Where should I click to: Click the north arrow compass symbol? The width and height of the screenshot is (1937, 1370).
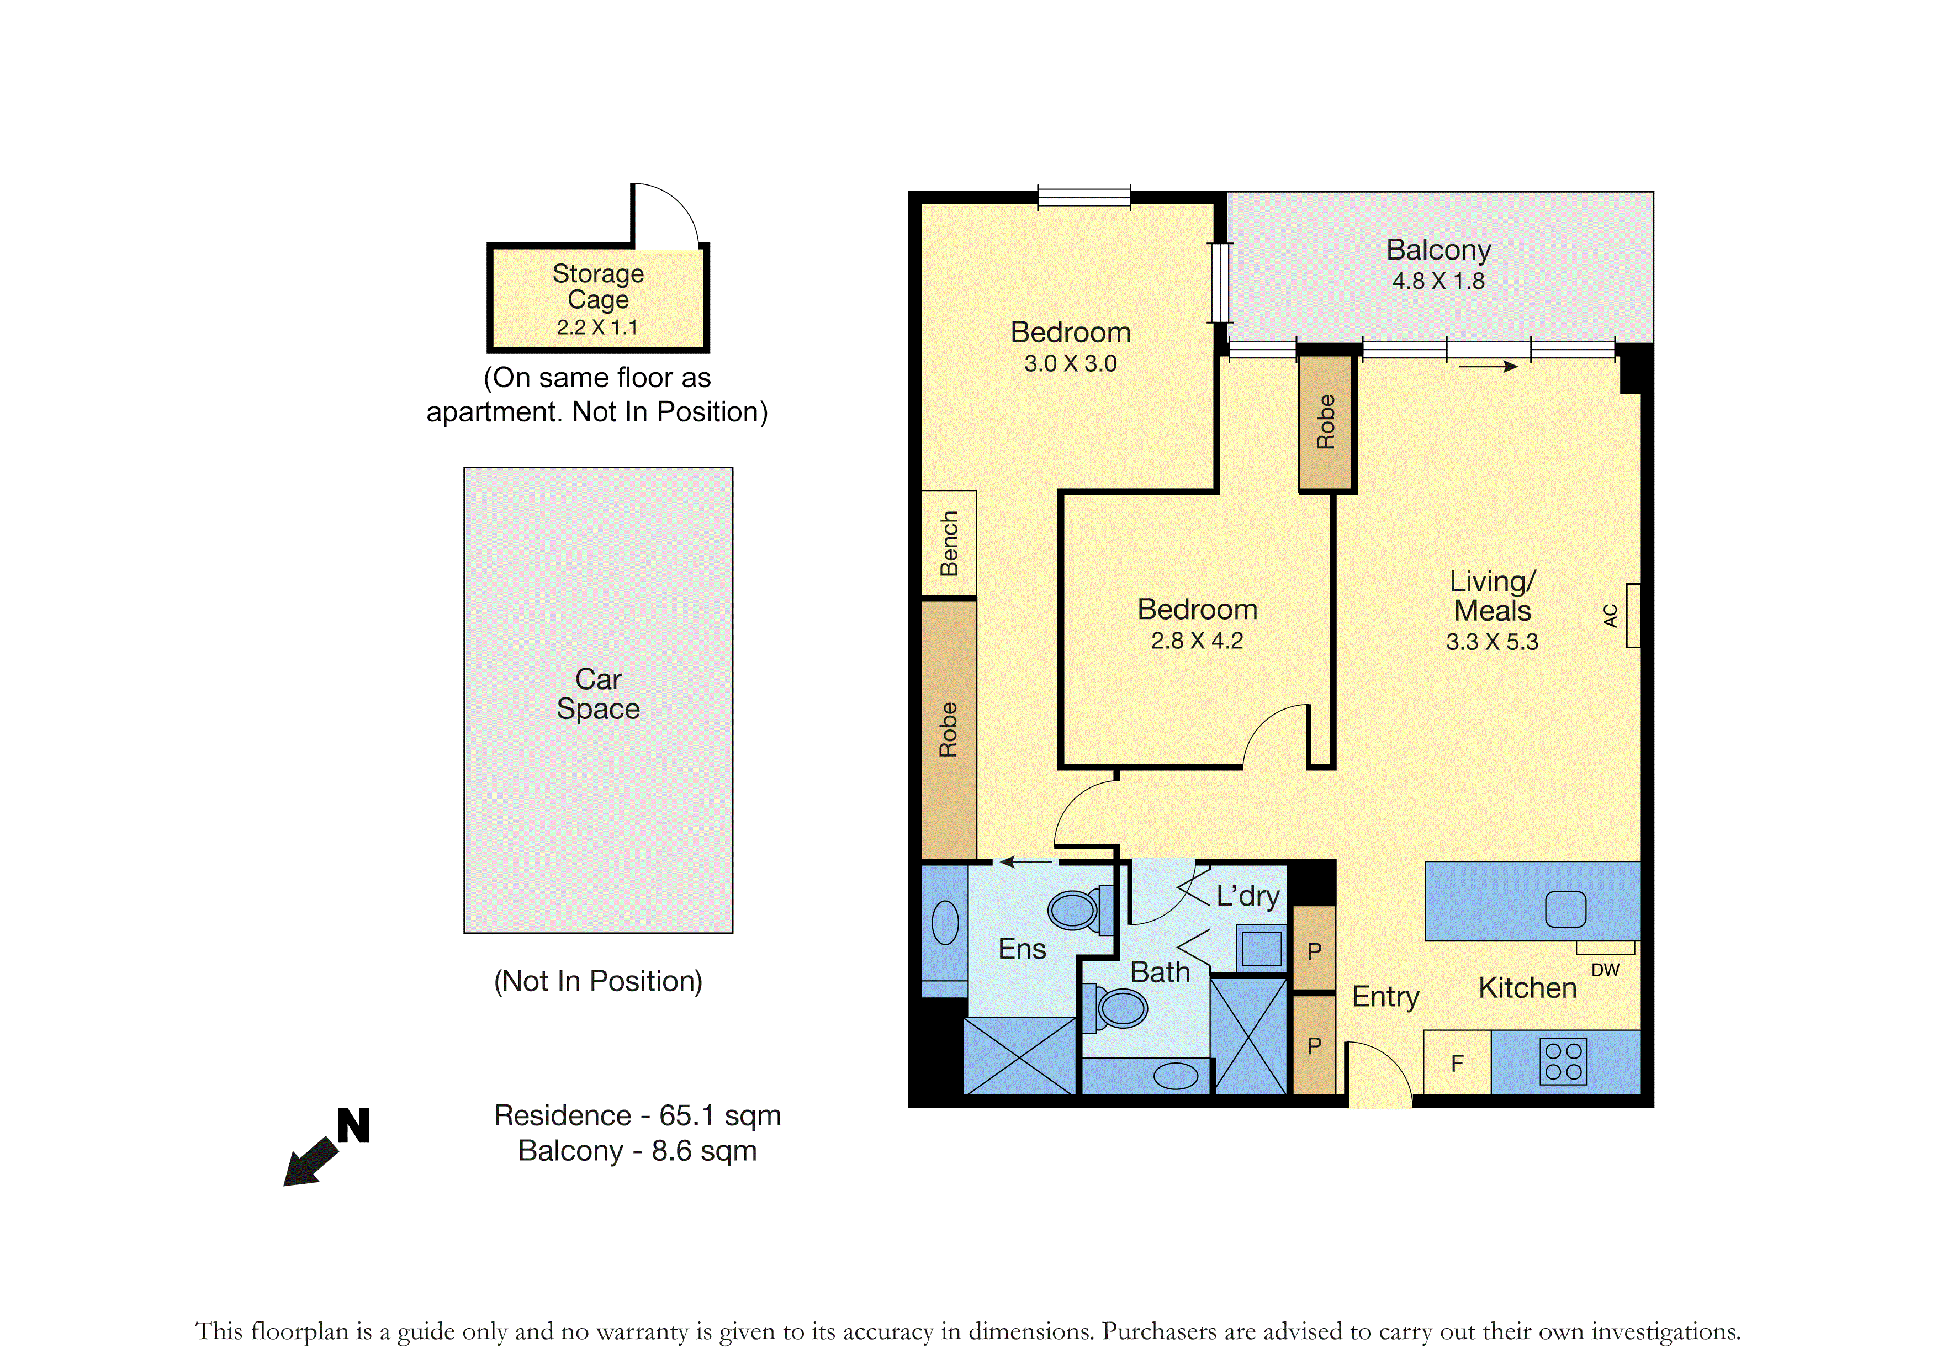click(x=326, y=1148)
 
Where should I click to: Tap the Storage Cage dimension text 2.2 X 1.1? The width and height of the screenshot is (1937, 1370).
click(x=597, y=327)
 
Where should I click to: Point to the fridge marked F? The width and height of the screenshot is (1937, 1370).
click(x=1457, y=1063)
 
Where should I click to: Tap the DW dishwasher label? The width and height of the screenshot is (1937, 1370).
click(x=1606, y=970)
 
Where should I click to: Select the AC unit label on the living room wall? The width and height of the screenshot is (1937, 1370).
click(x=1611, y=616)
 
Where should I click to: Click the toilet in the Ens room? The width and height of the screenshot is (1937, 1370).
click(x=1080, y=909)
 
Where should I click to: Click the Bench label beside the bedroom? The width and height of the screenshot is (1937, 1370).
click(x=949, y=543)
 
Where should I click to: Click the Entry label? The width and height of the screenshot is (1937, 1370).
click(x=1386, y=997)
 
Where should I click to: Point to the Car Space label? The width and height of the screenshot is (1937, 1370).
click(x=598, y=694)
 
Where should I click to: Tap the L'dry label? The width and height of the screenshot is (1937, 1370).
click(x=1248, y=896)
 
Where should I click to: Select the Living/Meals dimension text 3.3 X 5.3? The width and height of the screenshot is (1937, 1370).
click(x=1493, y=642)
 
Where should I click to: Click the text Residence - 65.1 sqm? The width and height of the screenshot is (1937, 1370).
click(x=638, y=1115)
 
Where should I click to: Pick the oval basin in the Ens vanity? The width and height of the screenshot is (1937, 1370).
click(x=945, y=922)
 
